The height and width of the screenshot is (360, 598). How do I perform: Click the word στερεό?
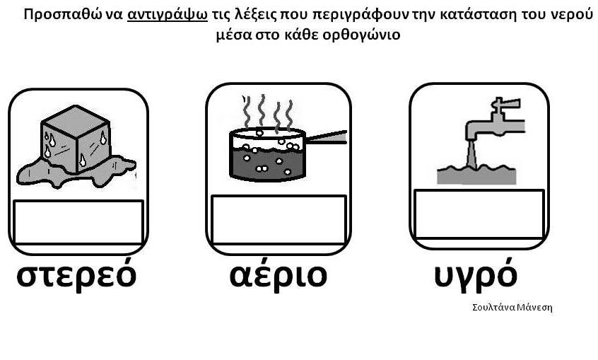(76, 274)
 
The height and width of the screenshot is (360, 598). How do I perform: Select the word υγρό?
(476, 274)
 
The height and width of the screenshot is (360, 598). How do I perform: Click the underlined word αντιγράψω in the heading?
(168, 16)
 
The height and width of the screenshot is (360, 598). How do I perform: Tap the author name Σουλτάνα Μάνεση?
(512, 308)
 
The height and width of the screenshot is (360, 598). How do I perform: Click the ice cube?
(76, 139)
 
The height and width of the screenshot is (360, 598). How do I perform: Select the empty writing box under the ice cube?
(78, 222)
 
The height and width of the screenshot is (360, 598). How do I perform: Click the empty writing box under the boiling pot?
(279, 219)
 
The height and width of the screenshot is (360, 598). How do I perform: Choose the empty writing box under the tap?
(479, 214)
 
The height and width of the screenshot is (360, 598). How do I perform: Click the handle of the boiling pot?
(327, 137)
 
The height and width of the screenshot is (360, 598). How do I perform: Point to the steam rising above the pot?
(268, 112)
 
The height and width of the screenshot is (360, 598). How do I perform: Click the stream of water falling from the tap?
(471, 155)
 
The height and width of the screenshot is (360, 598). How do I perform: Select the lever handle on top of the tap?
(505, 104)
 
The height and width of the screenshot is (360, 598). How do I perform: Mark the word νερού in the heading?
(572, 16)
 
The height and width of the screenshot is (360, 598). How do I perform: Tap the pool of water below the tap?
(476, 175)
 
